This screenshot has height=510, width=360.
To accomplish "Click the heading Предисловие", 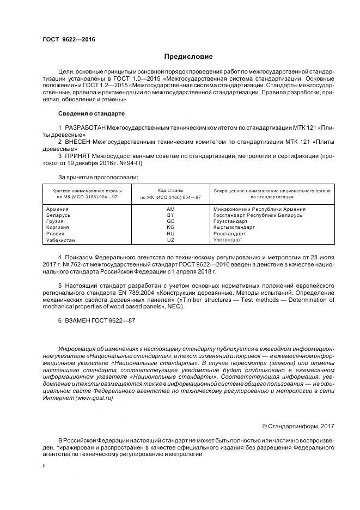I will pyautogui.click(x=188, y=57).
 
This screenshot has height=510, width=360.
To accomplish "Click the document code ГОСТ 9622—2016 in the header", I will pyautogui.click(x=68, y=40).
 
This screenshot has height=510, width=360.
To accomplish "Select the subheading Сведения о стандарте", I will pyautogui.click(x=91, y=113).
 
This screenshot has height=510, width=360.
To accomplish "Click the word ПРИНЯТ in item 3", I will pyautogui.click(x=78, y=156).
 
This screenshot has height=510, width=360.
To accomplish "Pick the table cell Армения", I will pyautogui.click(x=57, y=209).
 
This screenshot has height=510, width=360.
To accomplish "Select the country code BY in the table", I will pyautogui.click(x=170, y=215).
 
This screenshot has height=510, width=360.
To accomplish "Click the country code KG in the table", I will pyautogui.click(x=170, y=228).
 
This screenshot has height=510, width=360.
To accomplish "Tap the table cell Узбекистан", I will pyautogui.click(x=61, y=240).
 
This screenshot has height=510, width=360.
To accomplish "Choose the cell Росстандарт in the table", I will pyautogui.click(x=229, y=234).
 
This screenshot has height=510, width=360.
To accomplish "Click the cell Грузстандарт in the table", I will pyautogui.click(x=231, y=222).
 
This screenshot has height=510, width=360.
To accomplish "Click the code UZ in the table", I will pyautogui.click(x=170, y=240).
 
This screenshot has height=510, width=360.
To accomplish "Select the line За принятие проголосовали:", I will pyautogui.click(x=97, y=177).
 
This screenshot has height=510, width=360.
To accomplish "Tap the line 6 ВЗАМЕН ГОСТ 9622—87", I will pyautogui.click(x=96, y=321).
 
